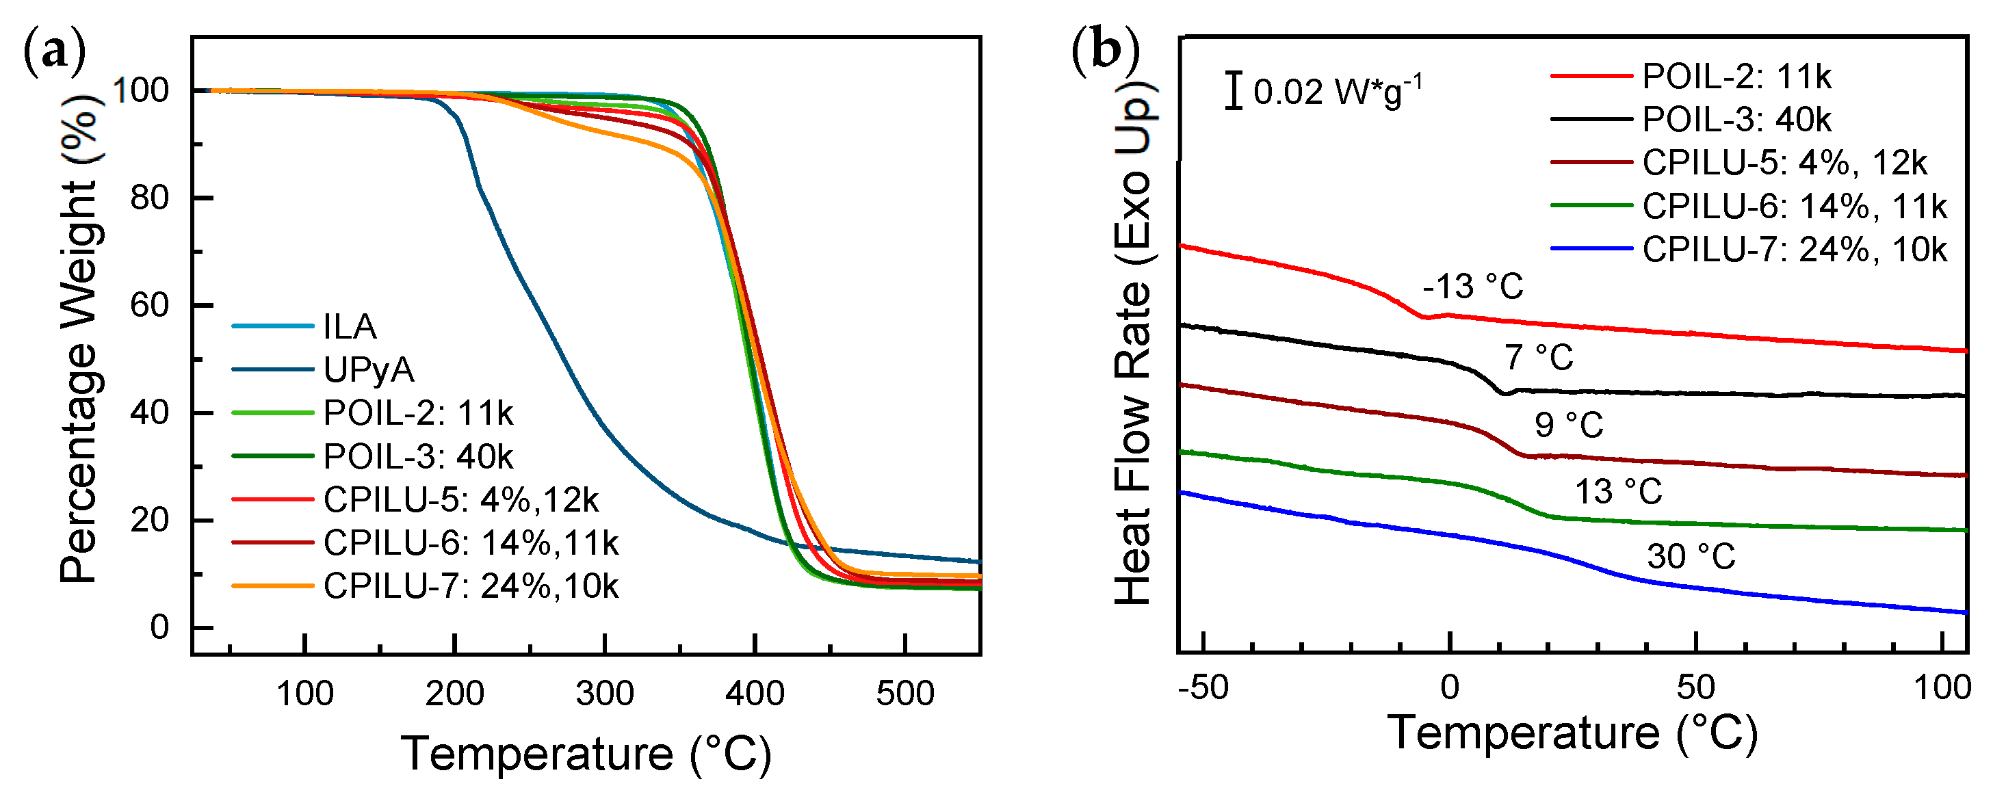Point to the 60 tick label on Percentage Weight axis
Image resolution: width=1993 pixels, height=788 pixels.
pyautogui.click(x=149, y=306)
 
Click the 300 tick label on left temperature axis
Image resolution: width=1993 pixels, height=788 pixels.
pyautogui.click(x=605, y=694)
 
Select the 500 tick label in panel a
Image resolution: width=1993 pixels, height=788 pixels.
pyautogui.click(x=904, y=694)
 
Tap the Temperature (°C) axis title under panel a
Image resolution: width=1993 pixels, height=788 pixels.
pyautogui.click(x=586, y=754)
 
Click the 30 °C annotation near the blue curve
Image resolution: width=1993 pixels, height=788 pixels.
pyautogui.click(x=1691, y=557)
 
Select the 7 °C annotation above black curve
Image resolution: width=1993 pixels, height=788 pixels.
pyautogui.click(x=1539, y=358)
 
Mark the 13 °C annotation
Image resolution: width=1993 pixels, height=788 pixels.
pyautogui.click(x=1619, y=492)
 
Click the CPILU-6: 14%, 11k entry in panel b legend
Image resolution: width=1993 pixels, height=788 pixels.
pyautogui.click(x=1793, y=207)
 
